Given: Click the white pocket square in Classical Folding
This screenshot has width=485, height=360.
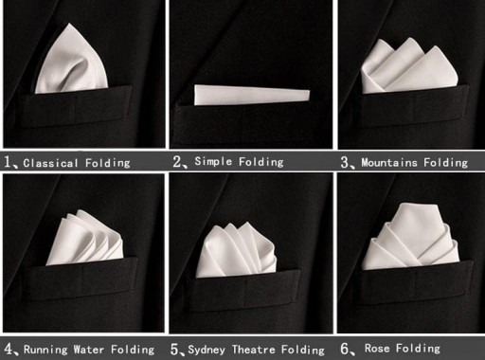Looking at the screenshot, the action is click(72, 62).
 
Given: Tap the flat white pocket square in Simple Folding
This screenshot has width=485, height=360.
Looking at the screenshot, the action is click(252, 95).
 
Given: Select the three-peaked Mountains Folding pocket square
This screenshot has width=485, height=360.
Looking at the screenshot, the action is click(409, 65).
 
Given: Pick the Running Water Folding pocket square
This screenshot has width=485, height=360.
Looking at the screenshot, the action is click(84, 238).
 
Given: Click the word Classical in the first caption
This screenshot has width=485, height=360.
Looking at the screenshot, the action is click(50, 163).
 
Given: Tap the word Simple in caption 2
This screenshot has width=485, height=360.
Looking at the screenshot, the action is click(213, 161).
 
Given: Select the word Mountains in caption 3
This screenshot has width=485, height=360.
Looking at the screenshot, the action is click(389, 163).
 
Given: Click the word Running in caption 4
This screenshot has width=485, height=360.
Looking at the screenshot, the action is click(45, 350).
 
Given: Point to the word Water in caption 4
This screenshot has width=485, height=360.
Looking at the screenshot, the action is click(89, 350).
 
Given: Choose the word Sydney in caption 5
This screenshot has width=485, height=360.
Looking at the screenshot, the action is click(207, 350).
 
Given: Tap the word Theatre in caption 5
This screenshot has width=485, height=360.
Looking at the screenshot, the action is click(254, 350).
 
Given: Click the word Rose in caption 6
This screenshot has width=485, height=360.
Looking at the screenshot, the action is click(377, 348).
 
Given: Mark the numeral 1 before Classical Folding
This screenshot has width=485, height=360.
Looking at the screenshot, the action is click(8, 162).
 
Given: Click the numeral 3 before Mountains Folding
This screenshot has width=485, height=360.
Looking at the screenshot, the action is click(345, 162).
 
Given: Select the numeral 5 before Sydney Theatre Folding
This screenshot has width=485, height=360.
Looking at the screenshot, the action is click(174, 350).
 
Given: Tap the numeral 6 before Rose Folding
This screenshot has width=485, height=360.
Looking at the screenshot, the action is click(345, 349).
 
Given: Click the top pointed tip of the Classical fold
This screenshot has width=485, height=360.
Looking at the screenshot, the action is click(69, 23).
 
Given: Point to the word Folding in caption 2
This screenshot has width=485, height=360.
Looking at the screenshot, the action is click(261, 162).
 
